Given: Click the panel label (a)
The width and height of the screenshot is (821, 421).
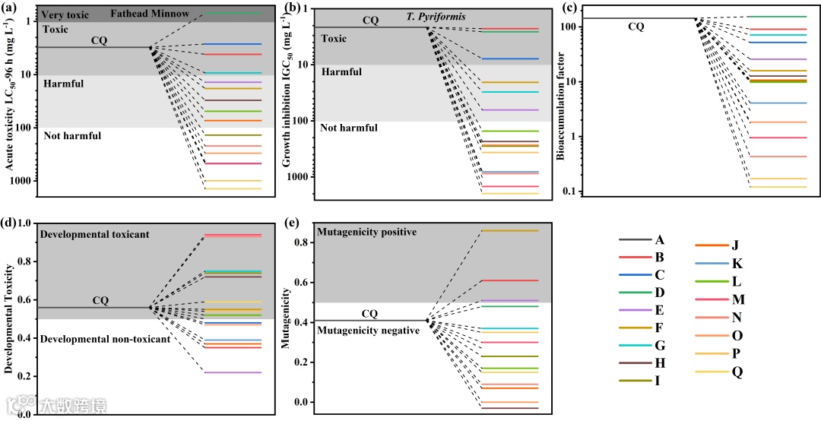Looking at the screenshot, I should click(x=11, y=7).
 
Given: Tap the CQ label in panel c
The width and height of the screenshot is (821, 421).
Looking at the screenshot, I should click(x=636, y=27).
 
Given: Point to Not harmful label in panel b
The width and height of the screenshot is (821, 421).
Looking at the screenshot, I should click(x=348, y=128).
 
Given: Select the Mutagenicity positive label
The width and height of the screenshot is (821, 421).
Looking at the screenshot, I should click(x=366, y=231).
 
